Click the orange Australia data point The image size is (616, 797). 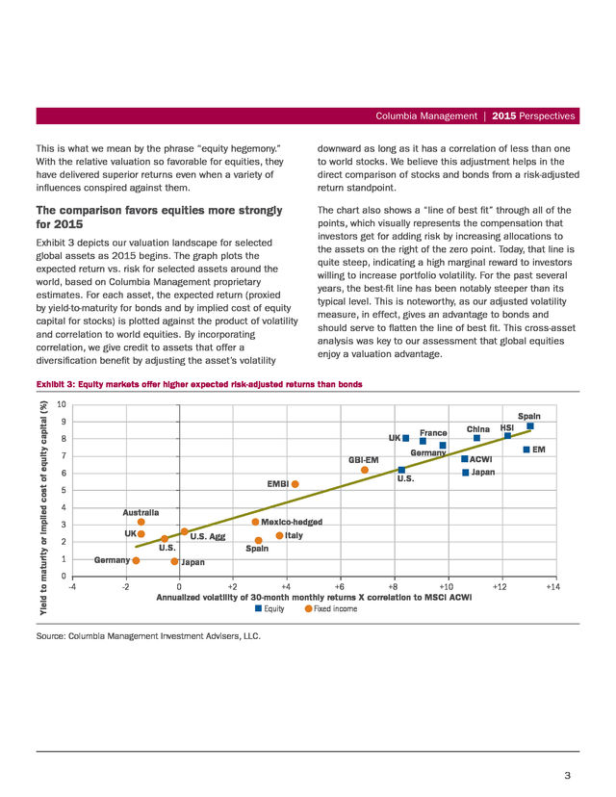point(141,522)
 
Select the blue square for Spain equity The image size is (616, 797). point(530,426)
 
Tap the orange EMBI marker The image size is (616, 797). point(295,484)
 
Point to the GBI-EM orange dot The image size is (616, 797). point(365,470)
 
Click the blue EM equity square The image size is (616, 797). point(526,450)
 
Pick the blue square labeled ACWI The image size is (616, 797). point(465,459)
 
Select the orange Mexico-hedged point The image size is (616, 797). point(255,522)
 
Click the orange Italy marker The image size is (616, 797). point(279,536)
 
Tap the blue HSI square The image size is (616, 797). point(508,436)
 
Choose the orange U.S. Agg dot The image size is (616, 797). point(185,531)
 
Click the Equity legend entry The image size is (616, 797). point(269,609)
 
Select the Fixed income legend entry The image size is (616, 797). point(331,609)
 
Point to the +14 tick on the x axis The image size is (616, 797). point(553,587)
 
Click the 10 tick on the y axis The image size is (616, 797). point(62,404)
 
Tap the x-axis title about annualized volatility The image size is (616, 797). point(314,597)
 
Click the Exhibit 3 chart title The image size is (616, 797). point(199,384)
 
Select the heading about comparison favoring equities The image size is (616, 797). point(159,217)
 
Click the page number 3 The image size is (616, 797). point(568,775)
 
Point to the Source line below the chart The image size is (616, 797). point(148,636)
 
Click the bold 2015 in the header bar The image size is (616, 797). point(504,116)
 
